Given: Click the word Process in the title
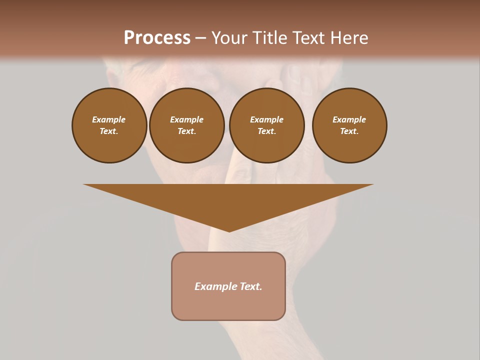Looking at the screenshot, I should click(157, 38).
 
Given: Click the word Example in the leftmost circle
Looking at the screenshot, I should click(109, 119).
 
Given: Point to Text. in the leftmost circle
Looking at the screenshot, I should click(109, 131).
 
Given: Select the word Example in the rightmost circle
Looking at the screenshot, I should click(349, 119).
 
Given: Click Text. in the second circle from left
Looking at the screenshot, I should click(186, 131).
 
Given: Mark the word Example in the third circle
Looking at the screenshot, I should click(266, 119).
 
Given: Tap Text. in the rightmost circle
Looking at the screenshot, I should click(349, 131).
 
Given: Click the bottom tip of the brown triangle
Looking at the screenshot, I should click(229, 230).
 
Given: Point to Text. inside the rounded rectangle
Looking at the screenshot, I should click(252, 286).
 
